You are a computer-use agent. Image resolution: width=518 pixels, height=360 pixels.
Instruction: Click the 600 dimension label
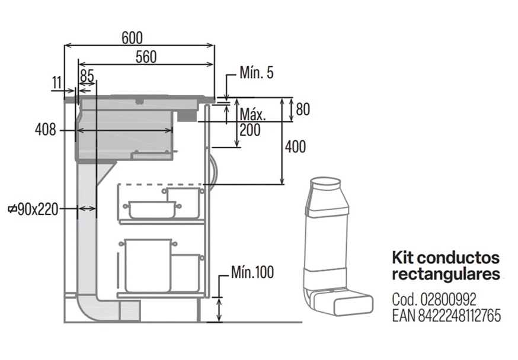(132, 37)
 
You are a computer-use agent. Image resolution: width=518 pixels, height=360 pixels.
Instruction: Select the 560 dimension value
(146, 57)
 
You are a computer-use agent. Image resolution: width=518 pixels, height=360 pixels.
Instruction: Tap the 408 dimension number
(46, 130)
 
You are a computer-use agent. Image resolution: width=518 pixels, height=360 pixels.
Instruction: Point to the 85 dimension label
(87, 76)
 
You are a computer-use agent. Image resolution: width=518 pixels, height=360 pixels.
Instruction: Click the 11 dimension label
(57, 82)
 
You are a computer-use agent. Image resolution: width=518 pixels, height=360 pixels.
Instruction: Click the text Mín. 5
(257, 73)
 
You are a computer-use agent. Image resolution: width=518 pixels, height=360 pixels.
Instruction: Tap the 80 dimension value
(303, 109)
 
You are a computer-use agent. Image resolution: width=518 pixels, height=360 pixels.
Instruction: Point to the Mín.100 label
(252, 273)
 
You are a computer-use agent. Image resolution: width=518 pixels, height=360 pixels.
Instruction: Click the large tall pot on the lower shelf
(148, 265)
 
